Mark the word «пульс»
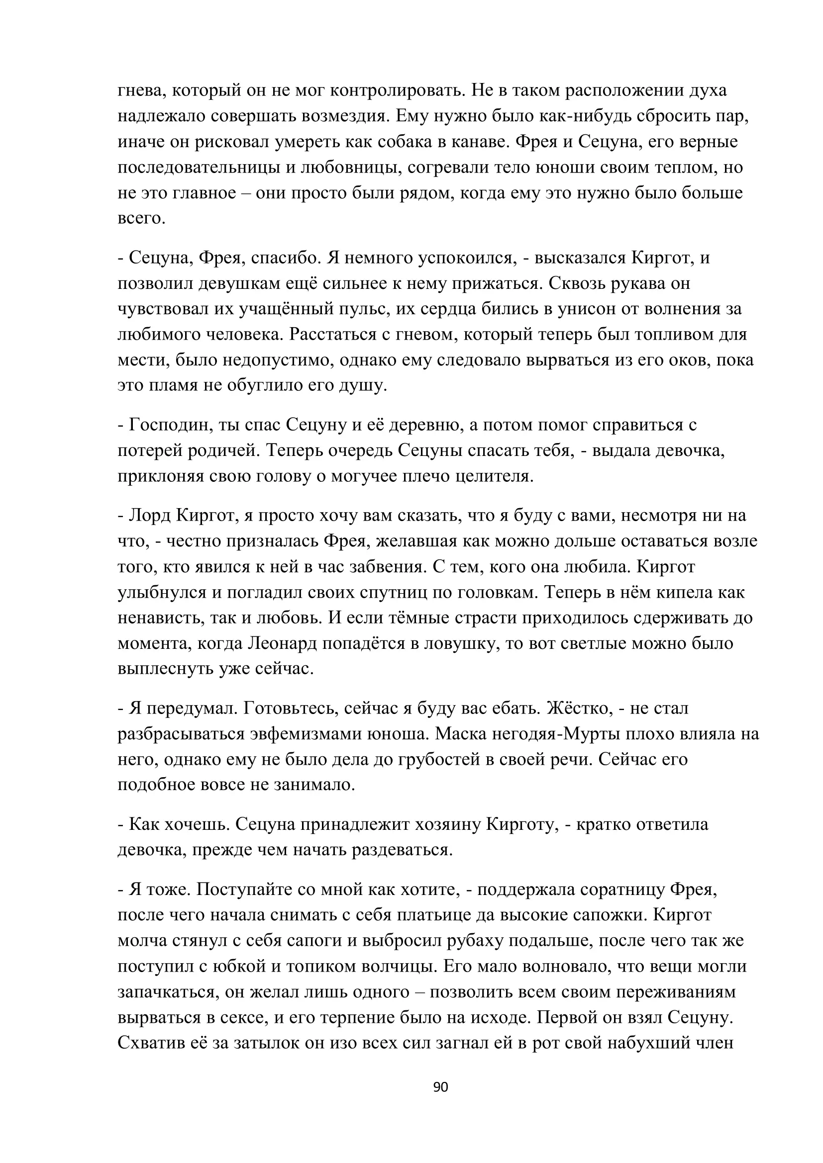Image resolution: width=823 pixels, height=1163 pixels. (360, 309)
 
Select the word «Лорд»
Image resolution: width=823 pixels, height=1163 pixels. (149, 516)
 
